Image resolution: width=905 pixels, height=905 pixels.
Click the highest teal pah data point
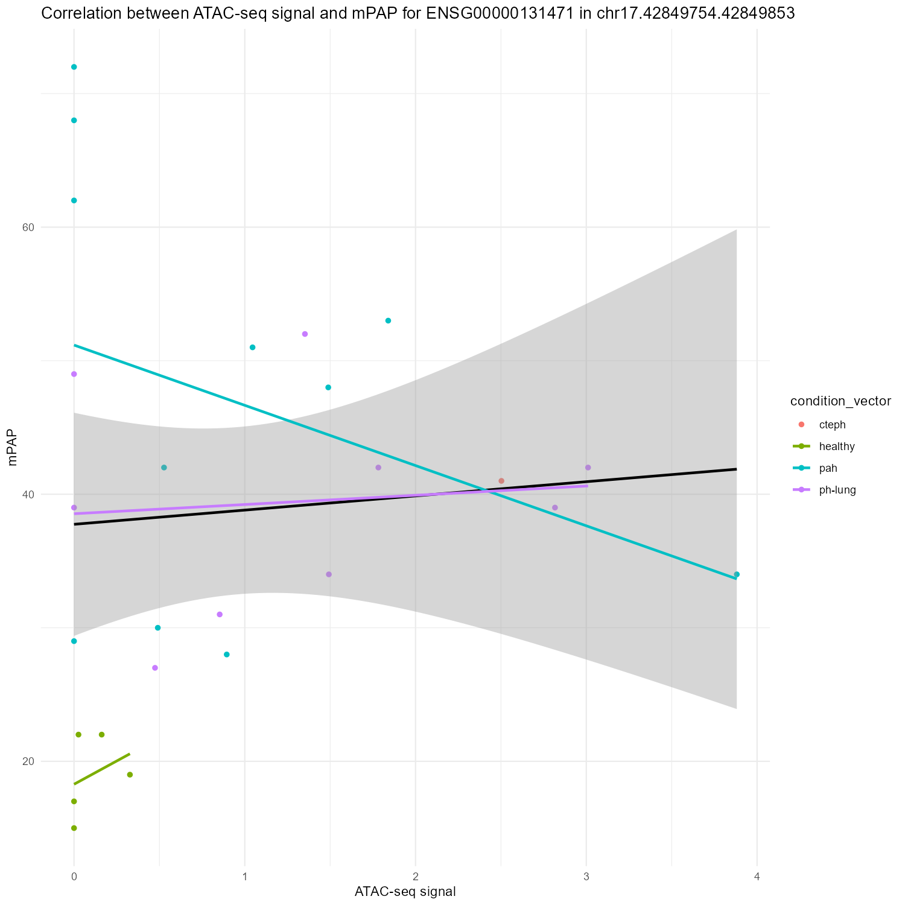coord(74,67)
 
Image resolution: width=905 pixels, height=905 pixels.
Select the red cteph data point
coord(501,481)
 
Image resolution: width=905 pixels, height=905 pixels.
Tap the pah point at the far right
coord(736,574)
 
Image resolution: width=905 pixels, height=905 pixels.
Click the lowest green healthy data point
coord(74,828)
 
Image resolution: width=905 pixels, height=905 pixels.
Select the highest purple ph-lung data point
coord(305,334)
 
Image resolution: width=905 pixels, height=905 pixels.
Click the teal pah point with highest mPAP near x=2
coord(388,320)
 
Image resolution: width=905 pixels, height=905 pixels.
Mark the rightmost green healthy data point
coord(130,775)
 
